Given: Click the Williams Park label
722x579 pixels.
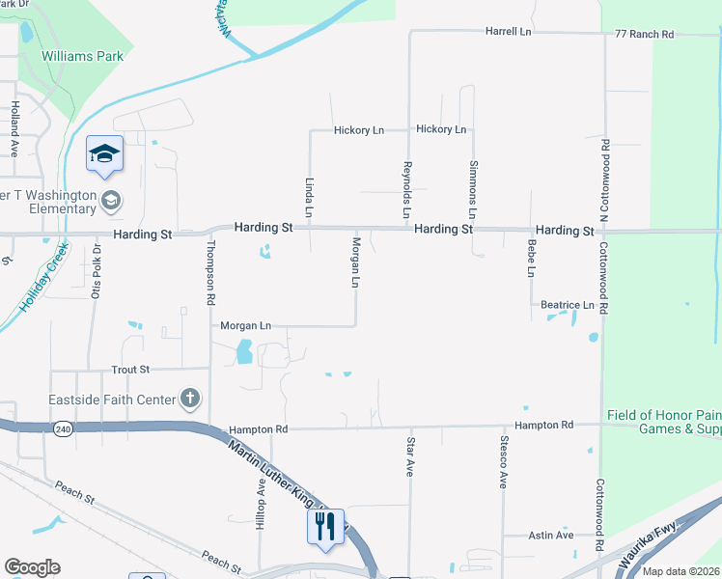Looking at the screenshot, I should coord(83,56).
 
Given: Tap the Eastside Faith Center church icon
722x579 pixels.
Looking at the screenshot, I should coord(191,398).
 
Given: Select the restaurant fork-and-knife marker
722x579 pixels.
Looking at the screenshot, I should coord(323,527).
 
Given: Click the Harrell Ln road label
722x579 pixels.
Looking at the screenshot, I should coord(509,32).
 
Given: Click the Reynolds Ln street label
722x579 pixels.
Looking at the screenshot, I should coord(407,189).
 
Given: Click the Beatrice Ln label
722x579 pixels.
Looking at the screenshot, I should coord(567,305).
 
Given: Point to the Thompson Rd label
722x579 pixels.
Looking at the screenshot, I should coord(209,273).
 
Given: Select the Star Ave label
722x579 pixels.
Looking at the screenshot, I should coord(409,456).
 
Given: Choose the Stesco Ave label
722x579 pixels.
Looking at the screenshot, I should coord(503,461).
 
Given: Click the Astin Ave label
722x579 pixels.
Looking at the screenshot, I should coord(551,535).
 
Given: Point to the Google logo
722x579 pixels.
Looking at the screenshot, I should coord(32,567).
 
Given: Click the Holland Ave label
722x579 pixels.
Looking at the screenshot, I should coord(14,131).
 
